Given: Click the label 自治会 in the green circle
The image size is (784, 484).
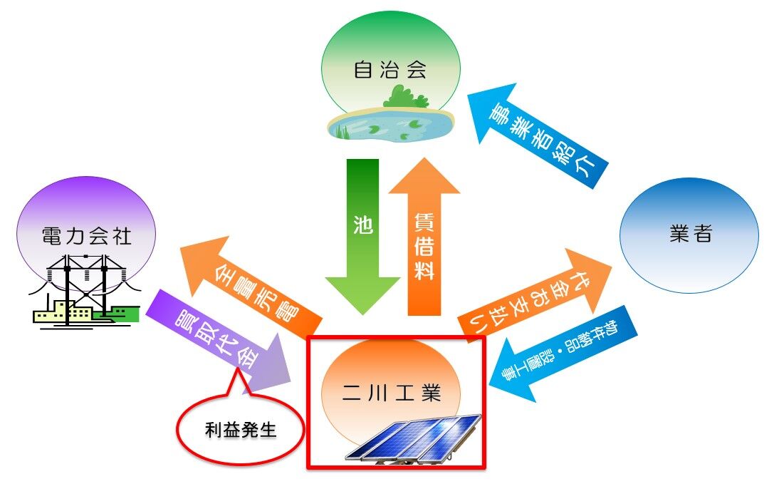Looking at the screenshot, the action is tap(390, 70).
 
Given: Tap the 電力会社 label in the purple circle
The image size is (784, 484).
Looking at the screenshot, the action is tap(87, 236).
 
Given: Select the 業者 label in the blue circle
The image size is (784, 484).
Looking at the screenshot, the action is tap(690, 235).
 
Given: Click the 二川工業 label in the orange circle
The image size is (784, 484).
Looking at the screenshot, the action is tap(391, 393).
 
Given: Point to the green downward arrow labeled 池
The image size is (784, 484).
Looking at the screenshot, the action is tap(362, 235).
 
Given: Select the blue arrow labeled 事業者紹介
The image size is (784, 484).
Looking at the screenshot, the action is tap(542, 135).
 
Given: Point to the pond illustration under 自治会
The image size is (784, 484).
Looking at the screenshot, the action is tap(390, 125).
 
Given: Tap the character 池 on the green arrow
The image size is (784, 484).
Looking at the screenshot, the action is tap(362, 225).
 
